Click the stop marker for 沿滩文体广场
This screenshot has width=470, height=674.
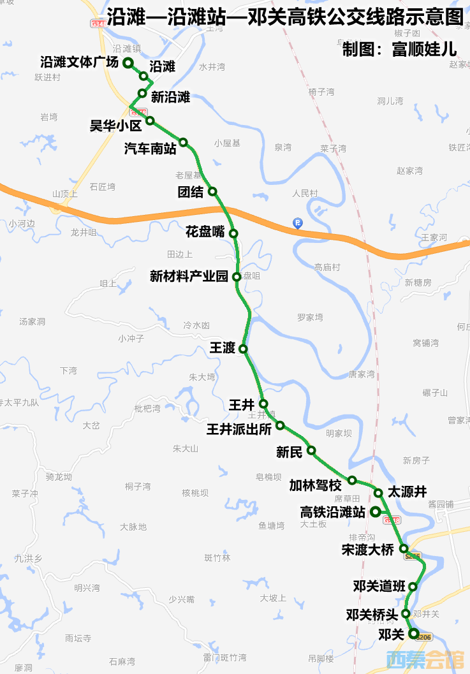point(128,62)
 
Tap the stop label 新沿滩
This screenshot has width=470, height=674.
point(170,97)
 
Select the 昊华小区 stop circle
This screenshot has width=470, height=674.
point(150,121)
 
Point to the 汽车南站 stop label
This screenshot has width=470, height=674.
point(151,149)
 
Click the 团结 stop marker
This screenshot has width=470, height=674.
point(212,191)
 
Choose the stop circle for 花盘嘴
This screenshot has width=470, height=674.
point(233,233)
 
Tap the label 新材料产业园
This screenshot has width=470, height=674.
point(189,276)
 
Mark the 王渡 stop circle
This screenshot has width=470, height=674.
point(243,348)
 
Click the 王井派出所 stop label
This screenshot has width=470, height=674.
point(239,429)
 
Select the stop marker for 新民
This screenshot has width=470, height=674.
point(311,450)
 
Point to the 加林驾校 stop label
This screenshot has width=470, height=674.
point(315,485)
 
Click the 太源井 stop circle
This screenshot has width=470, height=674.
point(378,492)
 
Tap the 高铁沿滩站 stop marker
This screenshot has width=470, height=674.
point(375,511)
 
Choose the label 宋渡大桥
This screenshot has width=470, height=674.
point(367,550)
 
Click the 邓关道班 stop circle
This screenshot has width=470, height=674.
point(413,587)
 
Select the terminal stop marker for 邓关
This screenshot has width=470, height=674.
point(413,633)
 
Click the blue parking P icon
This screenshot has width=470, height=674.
point(297,223)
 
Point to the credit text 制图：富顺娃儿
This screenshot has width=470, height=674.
point(399,49)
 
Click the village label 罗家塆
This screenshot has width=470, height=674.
point(310,317)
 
